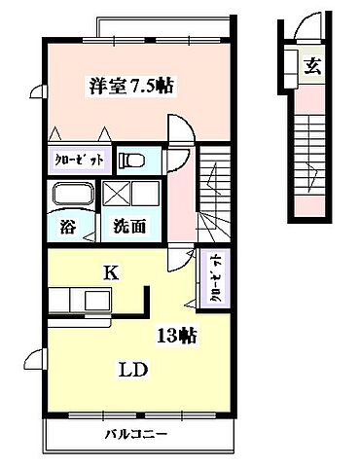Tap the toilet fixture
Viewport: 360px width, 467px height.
point(131,160)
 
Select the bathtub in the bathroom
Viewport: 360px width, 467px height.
point(69,194)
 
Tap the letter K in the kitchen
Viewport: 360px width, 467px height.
point(111,275)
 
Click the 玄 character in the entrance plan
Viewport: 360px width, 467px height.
point(313,66)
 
